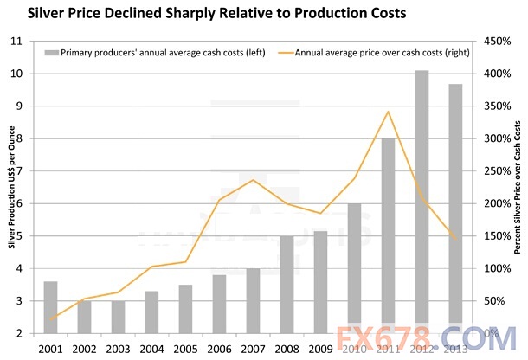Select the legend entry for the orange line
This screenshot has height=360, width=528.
[372, 53]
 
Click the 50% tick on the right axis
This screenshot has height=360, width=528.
[493, 300]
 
